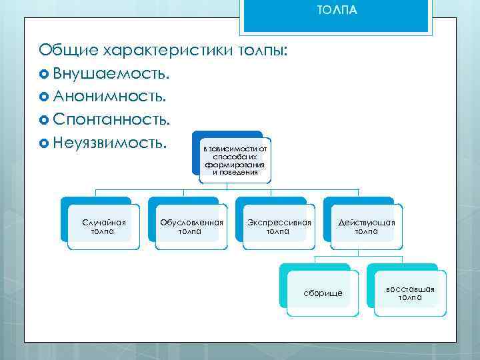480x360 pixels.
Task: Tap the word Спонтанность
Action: [111, 119]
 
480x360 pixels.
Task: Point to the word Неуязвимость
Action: [110, 143]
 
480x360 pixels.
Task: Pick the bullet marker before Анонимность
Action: [45, 97]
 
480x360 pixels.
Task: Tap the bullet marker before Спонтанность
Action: [45, 120]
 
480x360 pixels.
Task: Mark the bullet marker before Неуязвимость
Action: [45, 143]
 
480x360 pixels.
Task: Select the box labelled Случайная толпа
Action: [103, 227]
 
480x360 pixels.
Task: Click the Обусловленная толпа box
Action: [190, 227]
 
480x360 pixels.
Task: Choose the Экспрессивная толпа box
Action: [278, 227]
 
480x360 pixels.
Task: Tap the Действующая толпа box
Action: [366, 227]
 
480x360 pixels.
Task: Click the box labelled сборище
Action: [323, 293]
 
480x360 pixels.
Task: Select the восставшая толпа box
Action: [410, 293]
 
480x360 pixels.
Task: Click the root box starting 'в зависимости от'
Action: [235, 160]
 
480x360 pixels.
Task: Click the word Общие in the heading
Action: [67, 49]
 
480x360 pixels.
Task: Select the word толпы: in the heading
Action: [263, 49]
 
